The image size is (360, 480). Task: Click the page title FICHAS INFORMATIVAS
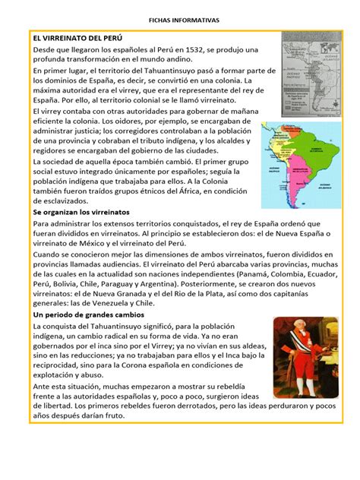[x=179, y=16]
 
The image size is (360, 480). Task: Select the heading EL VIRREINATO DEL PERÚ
[x=77, y=36]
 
